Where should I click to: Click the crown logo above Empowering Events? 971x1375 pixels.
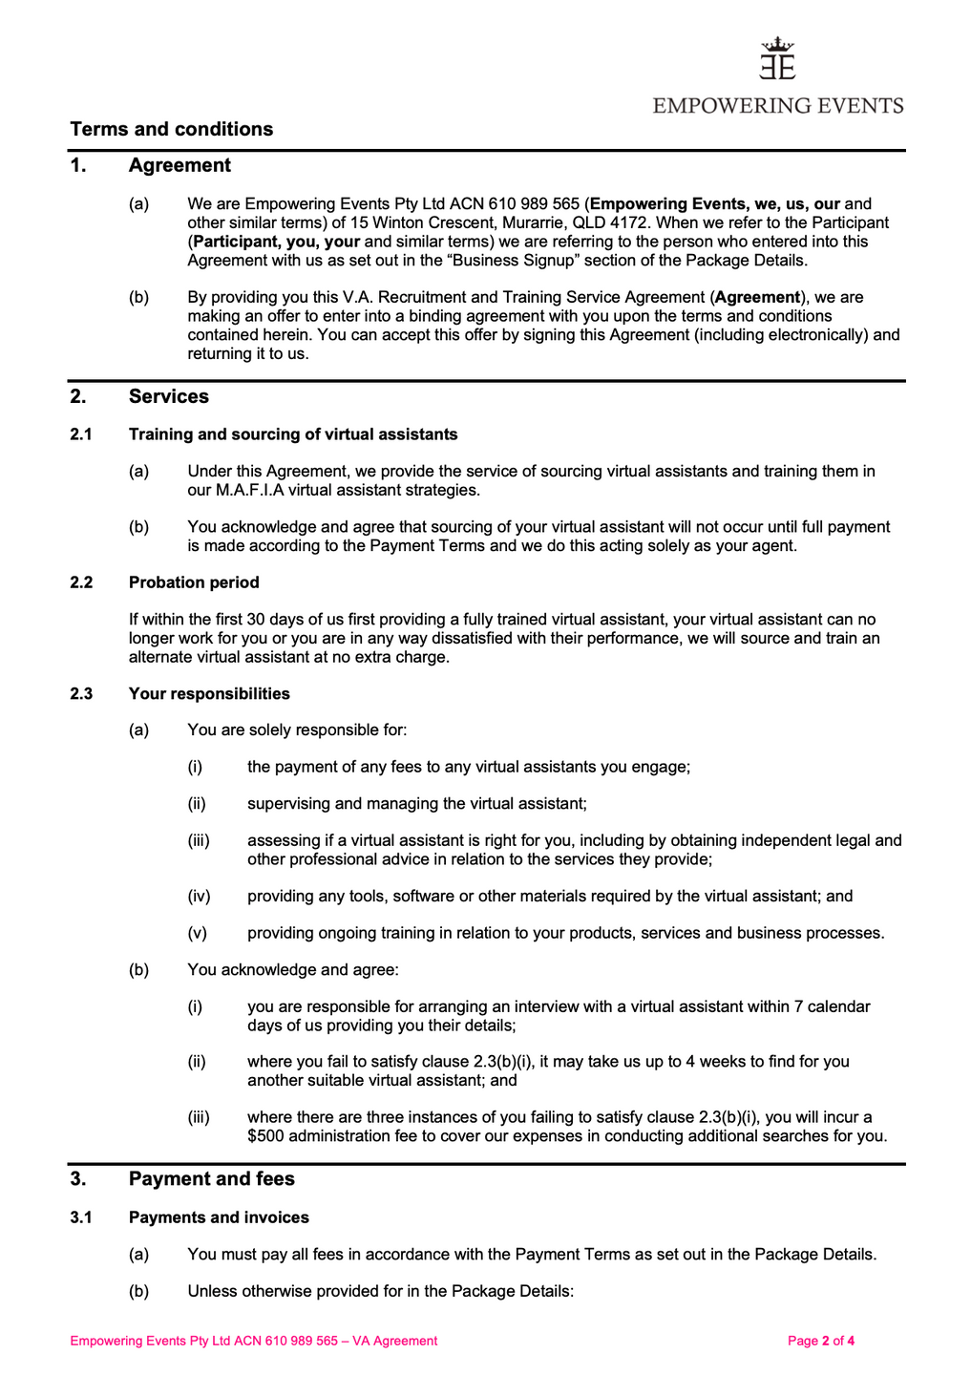(778, 58)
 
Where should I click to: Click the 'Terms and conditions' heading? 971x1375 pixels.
(172, 129)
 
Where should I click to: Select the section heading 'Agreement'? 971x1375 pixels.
(179, 165)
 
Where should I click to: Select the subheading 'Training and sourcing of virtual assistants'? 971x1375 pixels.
(293, 434)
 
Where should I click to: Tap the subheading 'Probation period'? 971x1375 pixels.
(194, 582)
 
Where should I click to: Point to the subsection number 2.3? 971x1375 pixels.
(81, 693)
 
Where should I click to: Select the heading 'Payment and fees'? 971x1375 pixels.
(212, 1178)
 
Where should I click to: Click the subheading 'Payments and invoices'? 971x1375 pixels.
(219, 1217)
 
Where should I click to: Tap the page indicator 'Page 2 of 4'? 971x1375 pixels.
(820, 1341)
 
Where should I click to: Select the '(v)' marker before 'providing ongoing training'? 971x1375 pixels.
(197, 933)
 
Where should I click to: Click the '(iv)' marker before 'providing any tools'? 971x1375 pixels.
(199, 896)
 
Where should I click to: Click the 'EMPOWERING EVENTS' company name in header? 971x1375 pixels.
(778, 105)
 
